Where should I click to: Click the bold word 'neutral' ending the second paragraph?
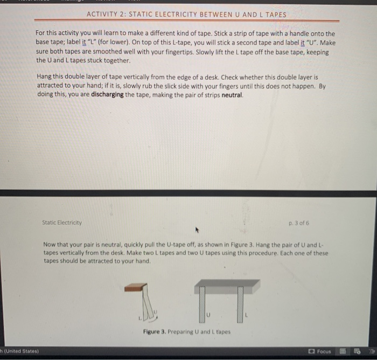pyautogui.click(x=232, y=94)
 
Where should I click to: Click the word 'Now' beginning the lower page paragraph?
pyautogui.click(x=50, y=244)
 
